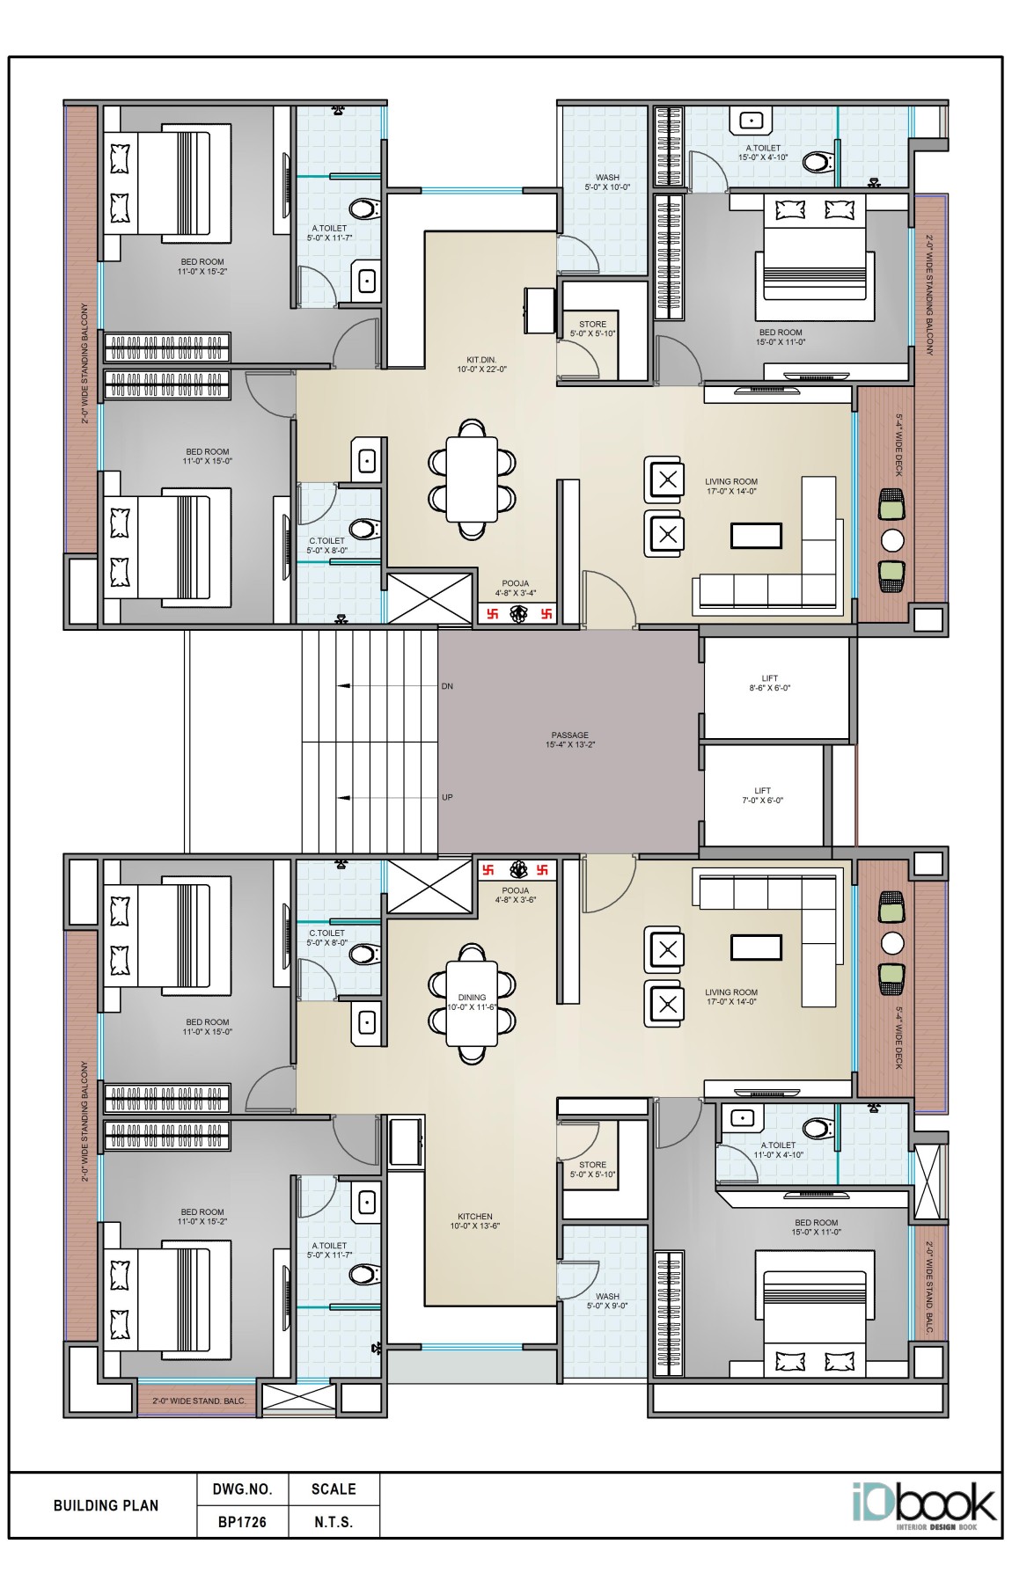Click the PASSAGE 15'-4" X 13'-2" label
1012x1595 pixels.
[x=569, y=740]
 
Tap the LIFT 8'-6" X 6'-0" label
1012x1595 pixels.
[x=769, y=683]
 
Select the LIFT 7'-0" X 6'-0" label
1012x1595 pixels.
[x=762, y=795]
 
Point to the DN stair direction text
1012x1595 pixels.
[x=447, y=686]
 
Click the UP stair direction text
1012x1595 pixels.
[x=447, y=797]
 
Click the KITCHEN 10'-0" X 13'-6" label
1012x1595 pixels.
[x=474, y=1221]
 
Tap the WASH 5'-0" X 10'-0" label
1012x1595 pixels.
[x=607, y=182]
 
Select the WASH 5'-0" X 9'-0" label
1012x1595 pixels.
[x=607, y=1301]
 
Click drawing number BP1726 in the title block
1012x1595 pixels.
[x=242, y=1522]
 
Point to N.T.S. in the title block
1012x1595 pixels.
[x=334, y=1522]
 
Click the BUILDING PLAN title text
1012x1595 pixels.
[x=106, y=1505]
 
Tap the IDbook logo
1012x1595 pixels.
[x=923, y=1506]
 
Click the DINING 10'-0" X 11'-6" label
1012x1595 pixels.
[x=473, y=1002]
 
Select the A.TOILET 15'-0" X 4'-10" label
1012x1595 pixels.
[x=763, y=152]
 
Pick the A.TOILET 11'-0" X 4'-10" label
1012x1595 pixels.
[x=778, y=1150]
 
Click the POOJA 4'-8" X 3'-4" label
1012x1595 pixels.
[x=516, y=588]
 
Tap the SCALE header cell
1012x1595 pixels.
[x=334, y=1489]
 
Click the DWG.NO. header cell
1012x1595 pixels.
[x=242, y=1489]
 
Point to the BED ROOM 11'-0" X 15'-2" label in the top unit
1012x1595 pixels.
[x=202, y=267]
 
